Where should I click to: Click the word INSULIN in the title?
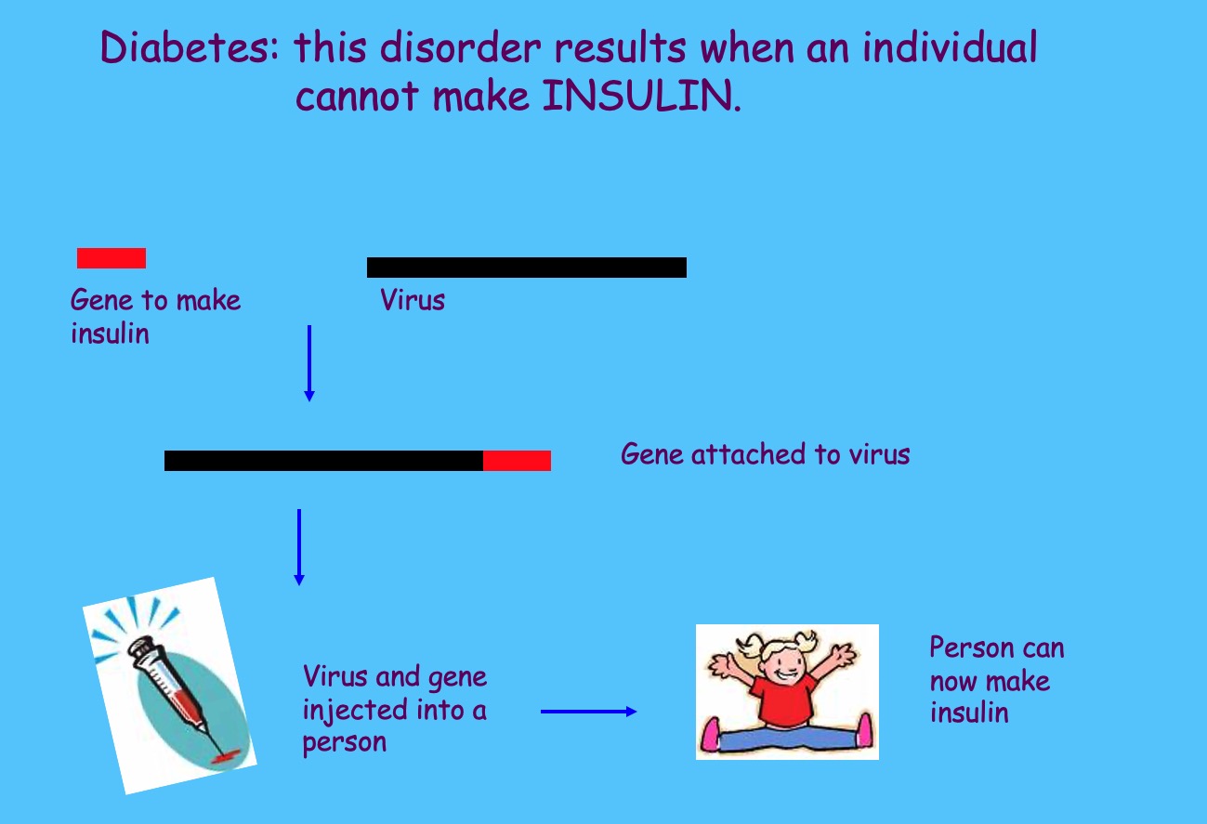click(641, 96)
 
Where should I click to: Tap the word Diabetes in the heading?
click(190, 46)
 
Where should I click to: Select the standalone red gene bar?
click(112, 258)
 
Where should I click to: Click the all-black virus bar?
click(527, 268)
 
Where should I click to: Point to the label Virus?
click(413, 299)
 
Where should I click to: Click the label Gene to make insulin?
click(155, 316)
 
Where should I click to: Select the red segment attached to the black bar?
click(517, 461)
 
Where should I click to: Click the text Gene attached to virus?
click(765, 454)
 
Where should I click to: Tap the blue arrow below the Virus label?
click(309, 363)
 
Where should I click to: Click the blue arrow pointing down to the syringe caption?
click(299, 547)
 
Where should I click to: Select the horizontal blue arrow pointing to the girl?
click(588, 712)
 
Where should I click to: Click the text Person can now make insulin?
click(997, 680)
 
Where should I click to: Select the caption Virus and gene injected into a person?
click(394, 710)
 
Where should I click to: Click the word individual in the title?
click(950, 46)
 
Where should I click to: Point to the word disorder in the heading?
click(460, 46)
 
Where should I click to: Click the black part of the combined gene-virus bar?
click(323, 461)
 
